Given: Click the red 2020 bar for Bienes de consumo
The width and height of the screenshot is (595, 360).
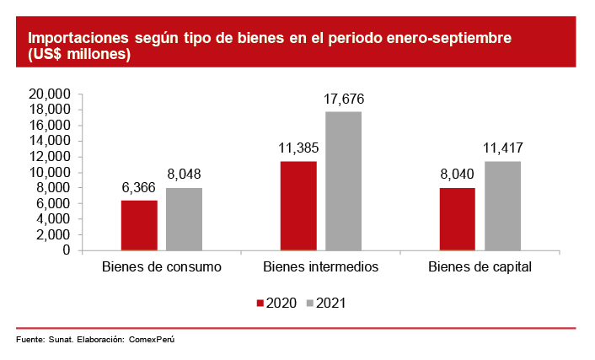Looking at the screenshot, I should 139,225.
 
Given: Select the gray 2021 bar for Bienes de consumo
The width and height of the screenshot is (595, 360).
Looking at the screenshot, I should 184,219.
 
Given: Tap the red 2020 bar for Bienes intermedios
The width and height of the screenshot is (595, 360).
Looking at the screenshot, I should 298,206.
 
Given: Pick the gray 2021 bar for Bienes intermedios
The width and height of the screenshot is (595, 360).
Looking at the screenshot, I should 343,181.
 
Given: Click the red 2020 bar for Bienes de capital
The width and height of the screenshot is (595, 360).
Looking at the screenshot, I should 457,219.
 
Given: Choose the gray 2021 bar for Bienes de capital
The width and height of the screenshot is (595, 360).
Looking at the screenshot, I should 501,206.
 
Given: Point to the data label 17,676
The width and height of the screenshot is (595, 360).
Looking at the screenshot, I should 343,99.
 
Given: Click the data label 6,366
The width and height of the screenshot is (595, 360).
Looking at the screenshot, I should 139,188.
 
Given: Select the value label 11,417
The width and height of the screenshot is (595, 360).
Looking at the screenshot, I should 501,149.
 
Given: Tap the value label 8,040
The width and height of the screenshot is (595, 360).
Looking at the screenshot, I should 457,175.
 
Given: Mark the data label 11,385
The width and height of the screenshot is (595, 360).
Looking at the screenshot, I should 298,149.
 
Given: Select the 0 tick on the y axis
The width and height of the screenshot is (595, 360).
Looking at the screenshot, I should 65,250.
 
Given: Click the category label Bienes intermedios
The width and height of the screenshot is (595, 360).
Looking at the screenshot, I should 320,267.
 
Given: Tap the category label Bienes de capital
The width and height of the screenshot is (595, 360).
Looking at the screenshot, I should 480,267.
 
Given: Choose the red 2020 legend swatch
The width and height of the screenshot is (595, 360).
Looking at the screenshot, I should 260,304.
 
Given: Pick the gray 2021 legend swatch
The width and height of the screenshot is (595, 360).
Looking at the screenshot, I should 309,304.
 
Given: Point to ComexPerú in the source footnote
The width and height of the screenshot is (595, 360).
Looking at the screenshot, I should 155,340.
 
